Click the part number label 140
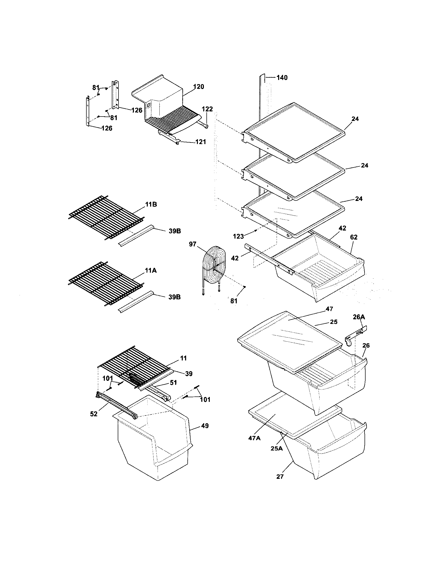pyautogui.click(x=282, y=78)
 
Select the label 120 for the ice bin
pyautogui.click(x=198, y=86)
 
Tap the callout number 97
pyautogui.click(x=193, y=244)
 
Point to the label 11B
pyautogui.click(x=151, y=205)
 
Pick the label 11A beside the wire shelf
pyautogui.click(x=151, y=271)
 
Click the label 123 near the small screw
pyautogui.click(x=238, y=236)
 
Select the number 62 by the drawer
pyautogui.click(x=354, y=237)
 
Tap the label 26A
pyautogui.click(x=359, y=317)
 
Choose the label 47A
pyautogui.click(x=254, y=438)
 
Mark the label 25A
pyautogui.click(x=277, y=448)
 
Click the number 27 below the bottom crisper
pyautogui.click(x=280, y=476)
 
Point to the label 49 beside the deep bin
pyautogui.click(x=205, y=426)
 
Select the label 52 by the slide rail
pyautogui.click(x=94, y=414)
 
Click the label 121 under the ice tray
pyautogui.click(x=201, y=142)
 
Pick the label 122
pyautogui.click(x=207, y=109)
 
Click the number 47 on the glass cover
pyautogui.click(x=329, y=309)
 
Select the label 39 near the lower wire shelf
pyautogui.click(x=189, y=374)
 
